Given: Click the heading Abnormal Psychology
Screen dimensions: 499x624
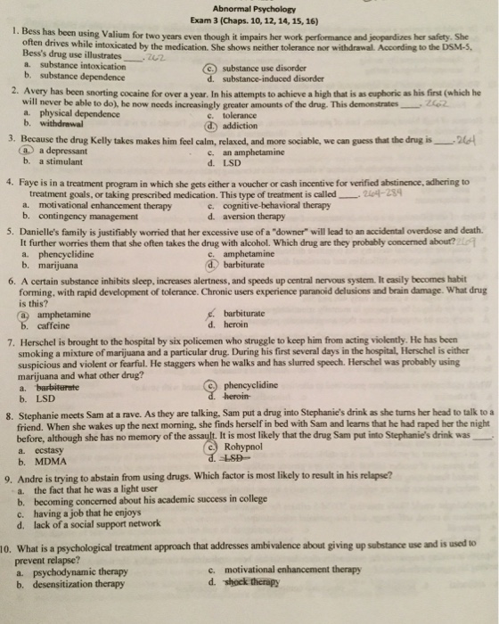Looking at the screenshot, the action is (x=249, y=8).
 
